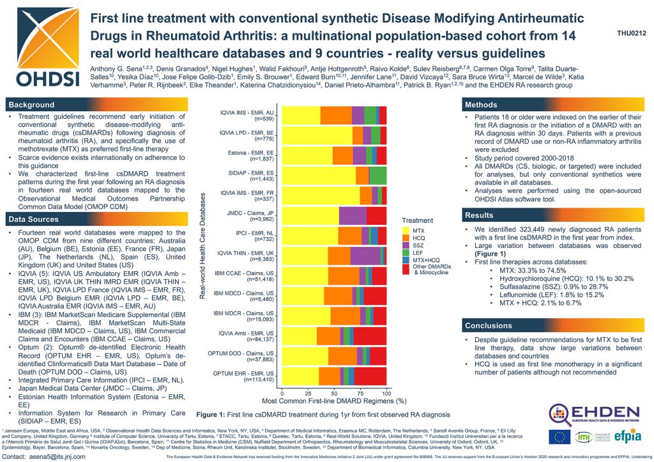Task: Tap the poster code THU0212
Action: [632, 33]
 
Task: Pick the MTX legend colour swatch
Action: [407, 229]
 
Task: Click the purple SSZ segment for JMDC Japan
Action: [353, 215]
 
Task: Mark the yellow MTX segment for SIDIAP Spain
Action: [319, 175]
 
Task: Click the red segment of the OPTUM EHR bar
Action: [370, 376]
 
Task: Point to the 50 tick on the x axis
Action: [335, 392]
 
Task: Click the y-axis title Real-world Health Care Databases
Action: [202, 247]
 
